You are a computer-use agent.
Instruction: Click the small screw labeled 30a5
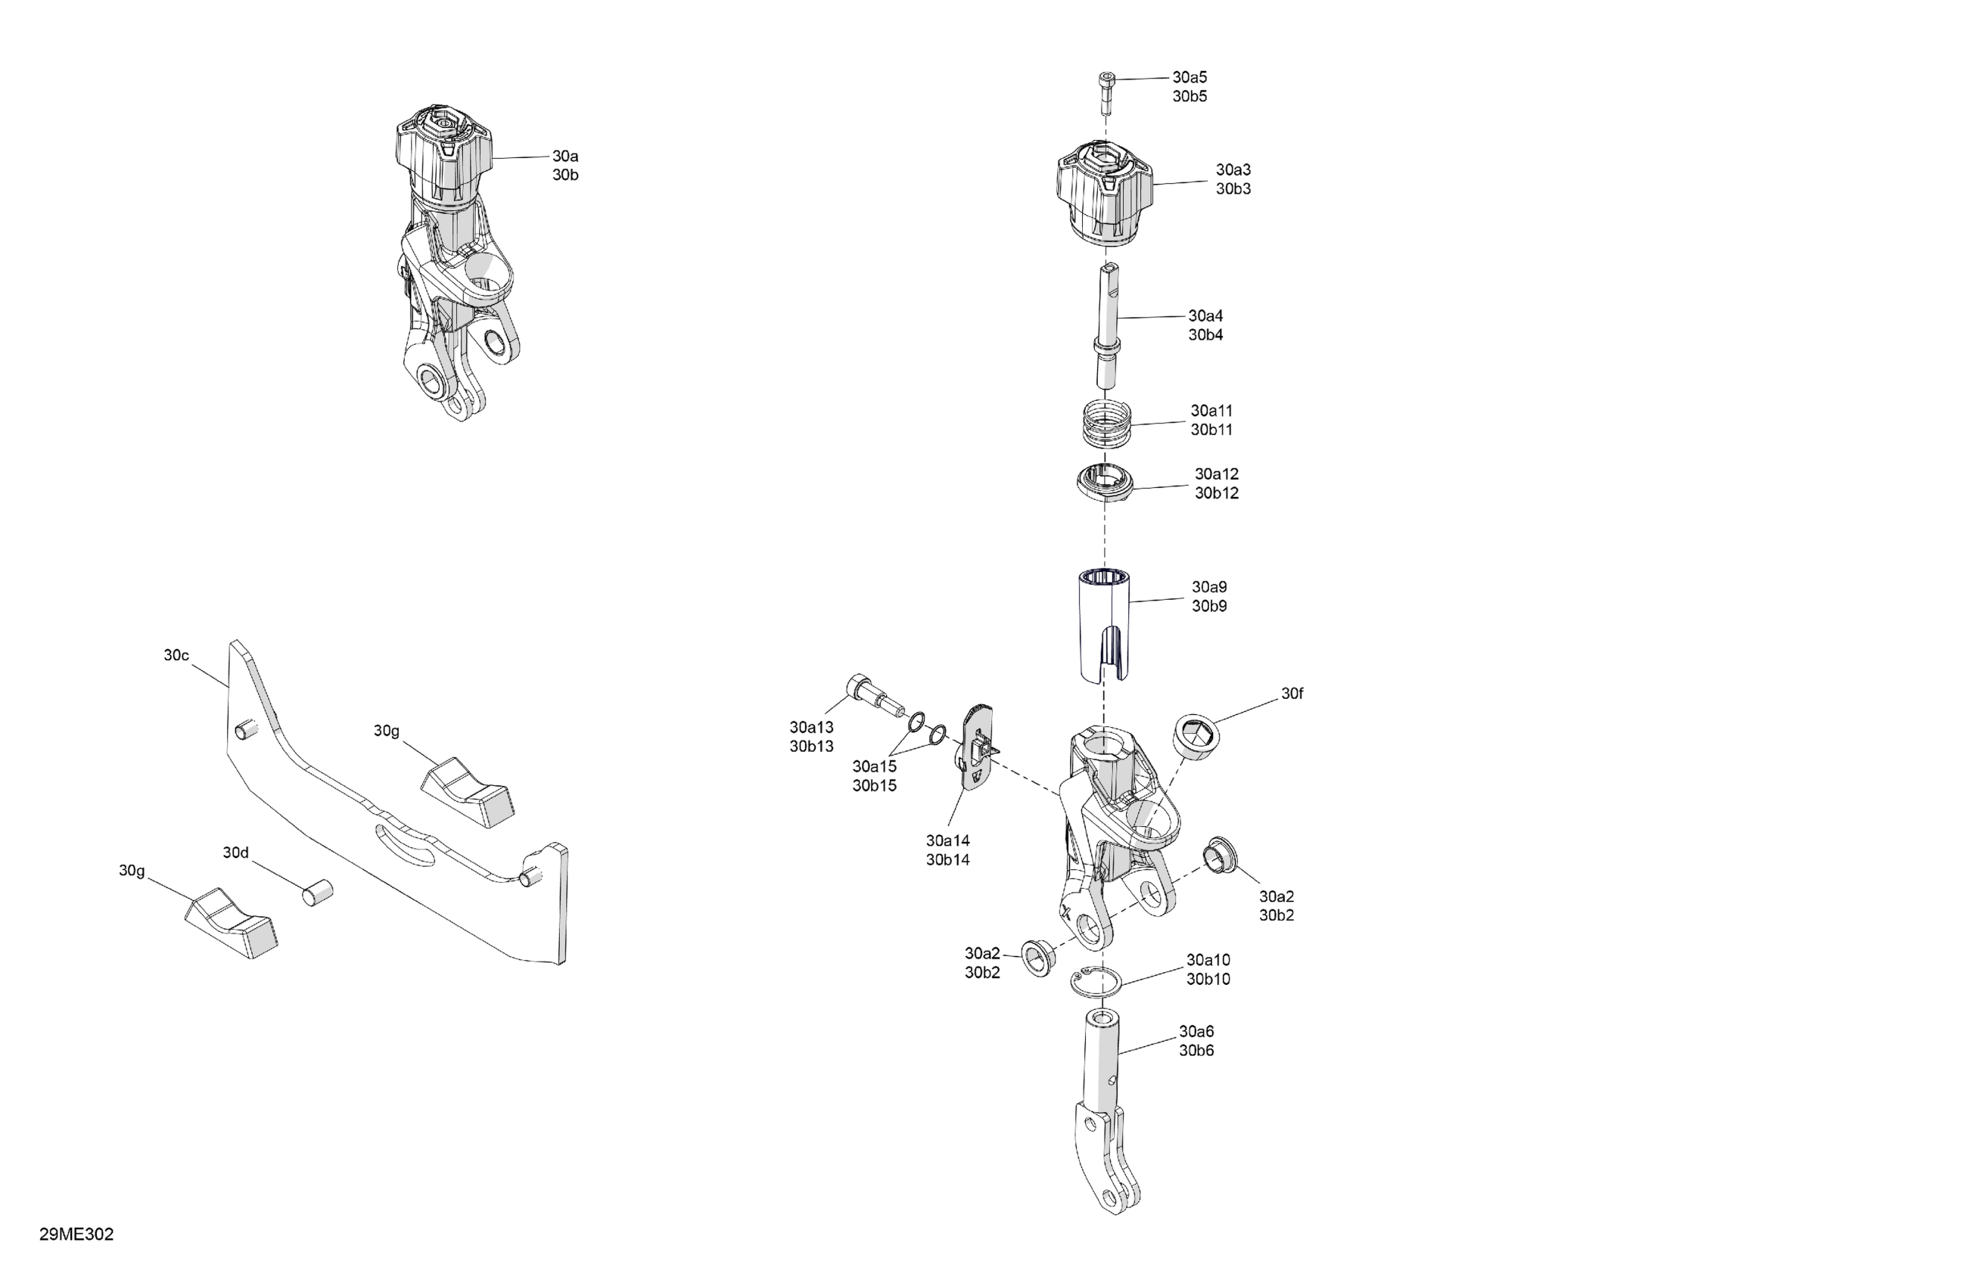(1106, 94)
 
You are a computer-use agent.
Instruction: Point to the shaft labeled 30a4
(1107, 325)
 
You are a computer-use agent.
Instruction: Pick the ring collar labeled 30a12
(1106, 483)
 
